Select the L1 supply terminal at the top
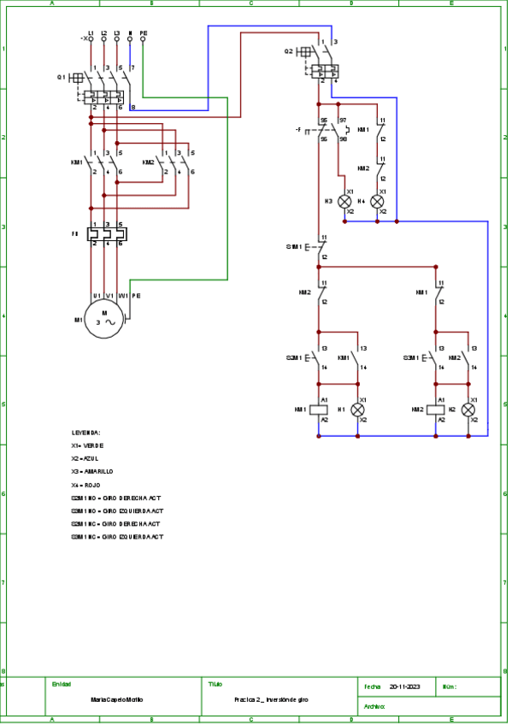pos(91,38)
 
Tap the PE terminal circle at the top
pos(143,38)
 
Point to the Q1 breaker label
pos(62,77)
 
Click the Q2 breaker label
pos(289,51)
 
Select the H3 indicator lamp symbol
pos(346,202)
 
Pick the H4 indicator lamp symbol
pos(377,202)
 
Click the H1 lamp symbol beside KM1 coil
pos(358,410)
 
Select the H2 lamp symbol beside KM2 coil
pos(468,410)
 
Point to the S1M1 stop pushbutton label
pos(294,246)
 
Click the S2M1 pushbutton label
pos(295,358)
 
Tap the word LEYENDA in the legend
pos(86,433)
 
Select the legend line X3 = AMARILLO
pos(92,471)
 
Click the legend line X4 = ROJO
pos(86,484)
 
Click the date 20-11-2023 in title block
pos(405,687)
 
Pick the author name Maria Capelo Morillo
pos(117,699)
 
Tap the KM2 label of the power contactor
pos(149,162)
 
